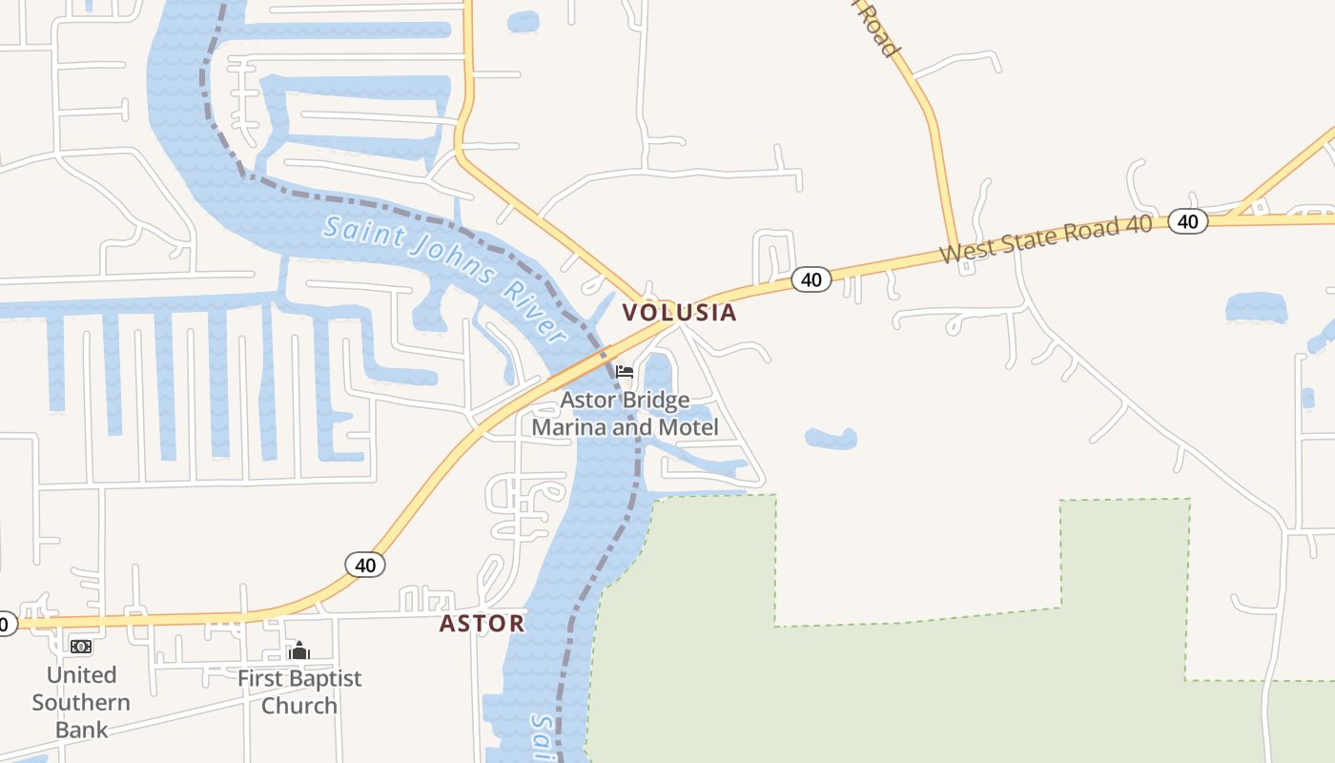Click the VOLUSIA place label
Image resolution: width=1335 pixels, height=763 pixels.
(x=679, y=313)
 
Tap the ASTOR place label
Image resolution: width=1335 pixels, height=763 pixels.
(x=482, y=624)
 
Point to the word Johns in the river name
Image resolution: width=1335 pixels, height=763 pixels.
(x=445, y=258)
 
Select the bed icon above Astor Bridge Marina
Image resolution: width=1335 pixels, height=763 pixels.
(x=625, y=371)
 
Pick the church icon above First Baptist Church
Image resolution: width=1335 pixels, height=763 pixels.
(x=299, y=651)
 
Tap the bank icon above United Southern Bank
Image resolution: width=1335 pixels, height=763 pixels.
(x=81, y=647)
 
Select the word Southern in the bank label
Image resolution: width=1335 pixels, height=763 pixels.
(x=81, y=703)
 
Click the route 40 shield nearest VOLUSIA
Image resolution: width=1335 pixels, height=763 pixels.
(x=811, y=279)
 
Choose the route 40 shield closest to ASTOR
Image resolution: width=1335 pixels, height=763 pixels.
(x=364, y=565)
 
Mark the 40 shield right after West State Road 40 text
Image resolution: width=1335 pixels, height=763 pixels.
(x=1187, y=221)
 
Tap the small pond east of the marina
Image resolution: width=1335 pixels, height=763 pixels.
(x=831, y=438)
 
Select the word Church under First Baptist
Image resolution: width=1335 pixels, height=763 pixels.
(x=299, y=706)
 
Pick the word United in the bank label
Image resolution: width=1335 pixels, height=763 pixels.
(x=81, y=675)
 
